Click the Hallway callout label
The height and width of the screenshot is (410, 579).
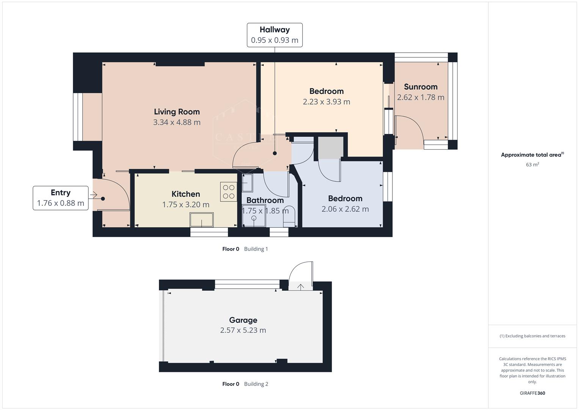click(x=275, y=35)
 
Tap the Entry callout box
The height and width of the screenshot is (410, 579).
click(x=61, y=198)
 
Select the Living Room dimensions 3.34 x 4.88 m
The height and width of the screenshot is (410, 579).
click(x=177, y=122)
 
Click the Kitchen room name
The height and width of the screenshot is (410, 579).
click(x=185, y=194)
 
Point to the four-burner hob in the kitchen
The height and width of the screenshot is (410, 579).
click(x=228, y=192)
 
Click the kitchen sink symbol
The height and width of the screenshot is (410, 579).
click(x=202, y=220)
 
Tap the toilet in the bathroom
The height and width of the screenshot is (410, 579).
click(x=289, y=215)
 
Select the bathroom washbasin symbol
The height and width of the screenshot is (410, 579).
click(x=247, y=183)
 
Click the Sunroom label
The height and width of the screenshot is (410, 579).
click(x=421, y=87)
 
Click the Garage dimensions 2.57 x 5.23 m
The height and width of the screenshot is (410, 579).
click(x=243, y=330)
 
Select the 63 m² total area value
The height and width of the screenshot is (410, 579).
click(x=532, y=165)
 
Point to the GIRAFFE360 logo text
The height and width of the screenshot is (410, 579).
click(x=532, y=393)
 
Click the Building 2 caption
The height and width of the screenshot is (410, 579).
click(x=256, y=384)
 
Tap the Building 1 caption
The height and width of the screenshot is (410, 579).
click(x=256, y=249)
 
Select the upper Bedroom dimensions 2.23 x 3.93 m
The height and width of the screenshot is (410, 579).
click(x=326, y=102)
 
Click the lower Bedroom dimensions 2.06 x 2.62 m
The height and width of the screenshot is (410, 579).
click(x=345, y=209)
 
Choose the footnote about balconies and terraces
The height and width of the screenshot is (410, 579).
click(x=532, y=336)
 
